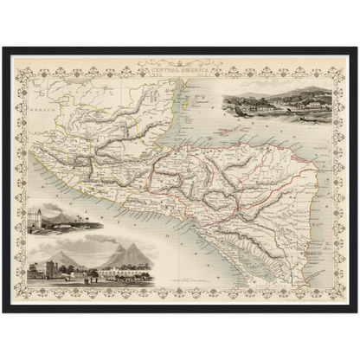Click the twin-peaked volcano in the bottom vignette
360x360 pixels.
121,253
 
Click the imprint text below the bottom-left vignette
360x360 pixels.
91,288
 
